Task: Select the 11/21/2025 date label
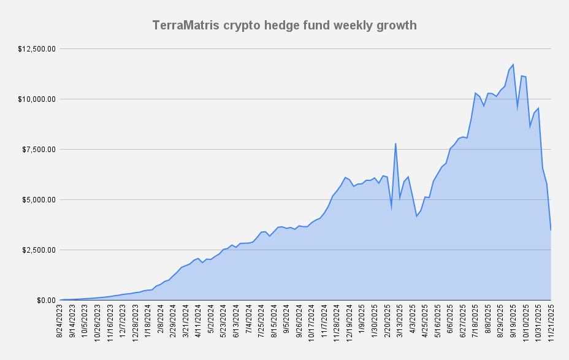pos(551,321)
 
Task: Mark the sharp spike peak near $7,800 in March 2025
pos(395,144)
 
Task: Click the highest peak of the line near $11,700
pos(513,64)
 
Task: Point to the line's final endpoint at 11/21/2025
pos(551,230)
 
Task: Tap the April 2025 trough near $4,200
pos(416,216)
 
